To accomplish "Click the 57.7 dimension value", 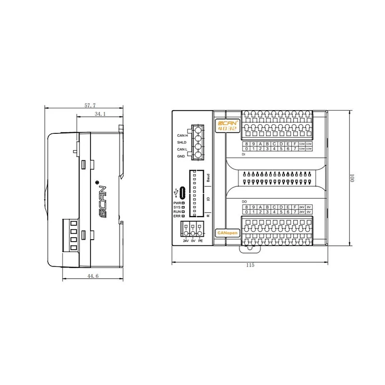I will click(90, 104).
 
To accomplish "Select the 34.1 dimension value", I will click(100, 114).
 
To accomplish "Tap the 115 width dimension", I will click(250, 265).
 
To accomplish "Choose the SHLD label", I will click(181, 142).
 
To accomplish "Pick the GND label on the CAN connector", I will click(181, 156).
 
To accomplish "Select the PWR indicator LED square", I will click(183, 203).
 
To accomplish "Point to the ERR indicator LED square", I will click(183, 216).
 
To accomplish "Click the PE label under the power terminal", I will click(201, 240).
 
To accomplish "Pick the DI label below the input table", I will click(244, 154).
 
